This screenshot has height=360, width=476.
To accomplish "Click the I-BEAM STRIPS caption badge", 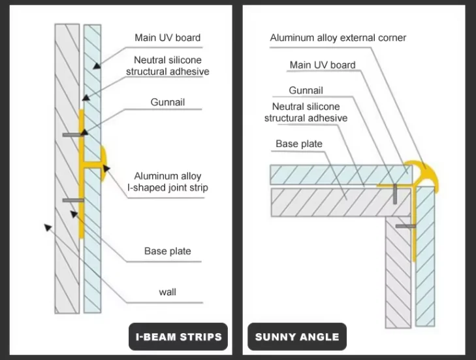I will [x=178, y=337].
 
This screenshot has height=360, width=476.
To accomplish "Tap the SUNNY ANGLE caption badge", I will [x=297, y=337].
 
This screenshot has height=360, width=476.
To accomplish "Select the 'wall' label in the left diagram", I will [x=167, y=292].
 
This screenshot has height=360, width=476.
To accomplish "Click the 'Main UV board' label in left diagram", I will [x=167, y=37].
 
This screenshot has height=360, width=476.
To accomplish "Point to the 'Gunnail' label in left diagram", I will [x=167, y=102].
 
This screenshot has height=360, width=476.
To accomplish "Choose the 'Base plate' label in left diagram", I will [x=167, y=251].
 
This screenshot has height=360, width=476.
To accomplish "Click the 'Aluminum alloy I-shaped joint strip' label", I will [x=167, y=182].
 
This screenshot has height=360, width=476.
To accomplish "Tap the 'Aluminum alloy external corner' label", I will [x=338, y=37].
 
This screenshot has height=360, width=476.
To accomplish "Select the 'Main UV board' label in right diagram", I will [x=323, y=65].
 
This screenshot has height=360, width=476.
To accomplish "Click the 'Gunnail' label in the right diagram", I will [x=306, y=90].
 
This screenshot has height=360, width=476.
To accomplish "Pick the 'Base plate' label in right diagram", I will [x=298, y=144].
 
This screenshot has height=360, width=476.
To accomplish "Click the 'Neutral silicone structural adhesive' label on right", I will [x=306, y=112].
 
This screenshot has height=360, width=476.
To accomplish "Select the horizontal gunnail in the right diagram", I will [x=405, y=226].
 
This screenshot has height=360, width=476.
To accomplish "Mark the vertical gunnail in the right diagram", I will [x=396, y=193].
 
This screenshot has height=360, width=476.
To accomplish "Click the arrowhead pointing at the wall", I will [x=47, y=227].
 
